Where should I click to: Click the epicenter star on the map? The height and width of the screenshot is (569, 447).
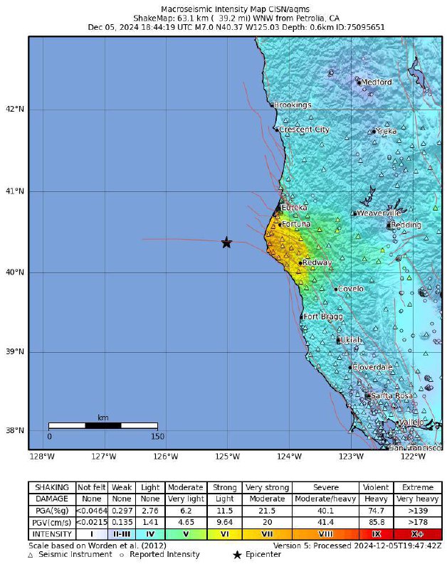(226, 243)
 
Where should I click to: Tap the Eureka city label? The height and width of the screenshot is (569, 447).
(294, 208)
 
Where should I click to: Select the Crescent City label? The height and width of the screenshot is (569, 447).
(304, 130)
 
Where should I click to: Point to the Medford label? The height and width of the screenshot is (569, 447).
(377, 83)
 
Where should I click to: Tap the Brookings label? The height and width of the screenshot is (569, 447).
(293, 105)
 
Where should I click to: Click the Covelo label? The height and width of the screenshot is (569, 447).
(350, 289)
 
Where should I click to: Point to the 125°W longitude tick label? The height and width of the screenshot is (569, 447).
(228, 457)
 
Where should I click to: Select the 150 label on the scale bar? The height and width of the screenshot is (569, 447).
(157, 437)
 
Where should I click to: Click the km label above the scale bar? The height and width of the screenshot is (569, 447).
(103, 418)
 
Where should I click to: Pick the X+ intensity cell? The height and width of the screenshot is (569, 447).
(417, 533)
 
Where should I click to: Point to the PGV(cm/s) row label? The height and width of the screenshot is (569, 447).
(52, 522)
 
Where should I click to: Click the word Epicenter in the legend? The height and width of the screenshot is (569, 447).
(263, 554)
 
